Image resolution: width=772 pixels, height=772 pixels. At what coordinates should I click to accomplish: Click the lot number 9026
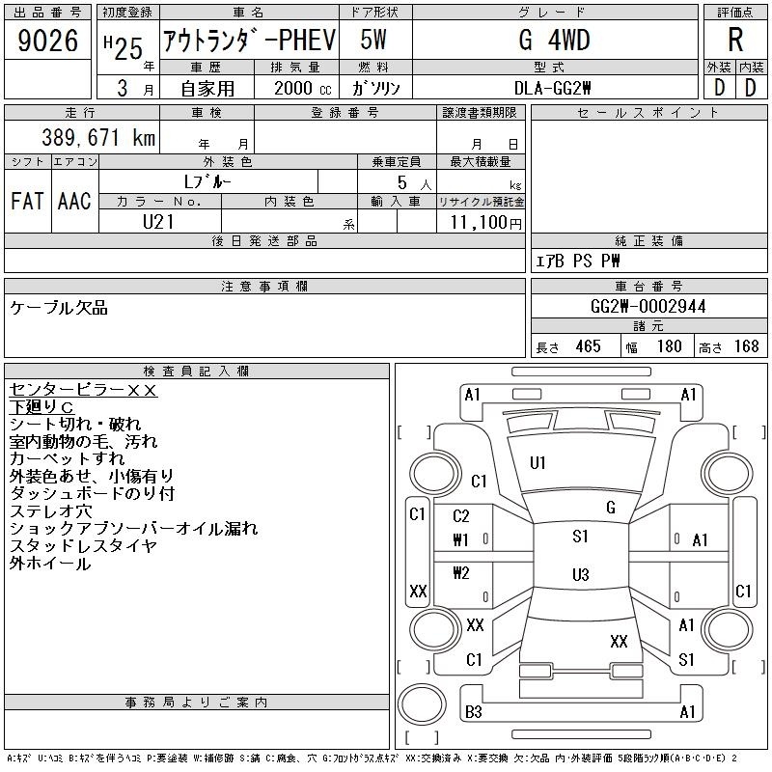pos(47,41)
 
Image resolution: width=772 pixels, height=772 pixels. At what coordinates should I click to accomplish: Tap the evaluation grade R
pos(735,40)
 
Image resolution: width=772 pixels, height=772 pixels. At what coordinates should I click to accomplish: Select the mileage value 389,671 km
pos(98,137)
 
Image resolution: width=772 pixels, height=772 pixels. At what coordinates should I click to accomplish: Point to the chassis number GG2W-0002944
pos(648,307)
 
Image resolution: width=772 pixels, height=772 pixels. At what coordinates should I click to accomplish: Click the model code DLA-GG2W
pos(552,88)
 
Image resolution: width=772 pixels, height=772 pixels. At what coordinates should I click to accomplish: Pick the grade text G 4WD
pos(554,40)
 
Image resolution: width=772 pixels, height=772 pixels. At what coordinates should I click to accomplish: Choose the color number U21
pos(158,222)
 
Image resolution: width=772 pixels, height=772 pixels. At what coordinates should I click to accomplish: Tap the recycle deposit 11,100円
pos(486,222)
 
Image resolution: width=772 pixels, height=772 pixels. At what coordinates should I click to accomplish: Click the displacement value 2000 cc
pos(303,88)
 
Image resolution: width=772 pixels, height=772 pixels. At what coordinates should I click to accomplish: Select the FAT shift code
pos(27,201)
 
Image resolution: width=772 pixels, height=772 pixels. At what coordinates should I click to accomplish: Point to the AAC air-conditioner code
pos(74,201)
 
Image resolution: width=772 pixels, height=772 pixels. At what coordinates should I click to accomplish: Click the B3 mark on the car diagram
pos(473,712)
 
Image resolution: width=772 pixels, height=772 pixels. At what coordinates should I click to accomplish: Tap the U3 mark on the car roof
pos(581,574)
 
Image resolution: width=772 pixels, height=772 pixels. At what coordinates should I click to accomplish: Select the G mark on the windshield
pos(611,508)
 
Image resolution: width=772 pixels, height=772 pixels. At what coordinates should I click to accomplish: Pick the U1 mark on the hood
pos(538,463)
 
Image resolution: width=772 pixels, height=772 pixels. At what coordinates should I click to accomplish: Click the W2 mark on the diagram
pos(461,573)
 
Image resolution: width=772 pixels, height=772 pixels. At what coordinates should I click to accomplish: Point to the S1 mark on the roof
pos(580,537)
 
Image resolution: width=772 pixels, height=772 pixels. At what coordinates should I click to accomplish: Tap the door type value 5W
pos(373,40)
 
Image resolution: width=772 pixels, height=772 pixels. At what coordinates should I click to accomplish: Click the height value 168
pos(746,346)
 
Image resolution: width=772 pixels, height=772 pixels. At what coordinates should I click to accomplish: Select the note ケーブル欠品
pos(59,308)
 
